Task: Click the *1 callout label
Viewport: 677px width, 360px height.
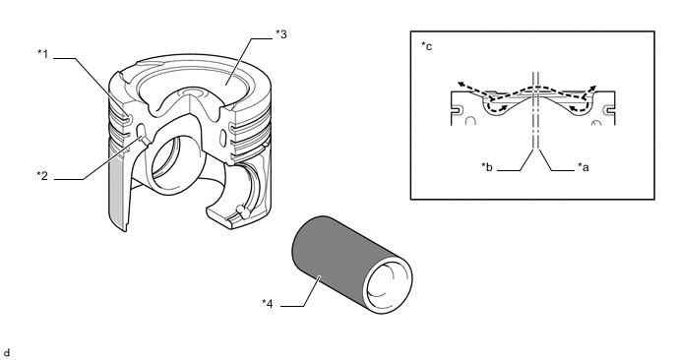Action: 42,54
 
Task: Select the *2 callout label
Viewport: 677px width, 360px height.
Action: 42,176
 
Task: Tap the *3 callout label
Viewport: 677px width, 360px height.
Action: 281,34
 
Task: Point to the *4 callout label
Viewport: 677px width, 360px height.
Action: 268,304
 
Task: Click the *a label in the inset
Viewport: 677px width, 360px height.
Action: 583,167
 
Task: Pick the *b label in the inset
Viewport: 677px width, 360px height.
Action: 487,167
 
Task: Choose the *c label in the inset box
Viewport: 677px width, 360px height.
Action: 427,46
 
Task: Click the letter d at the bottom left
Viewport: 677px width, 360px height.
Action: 7,353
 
